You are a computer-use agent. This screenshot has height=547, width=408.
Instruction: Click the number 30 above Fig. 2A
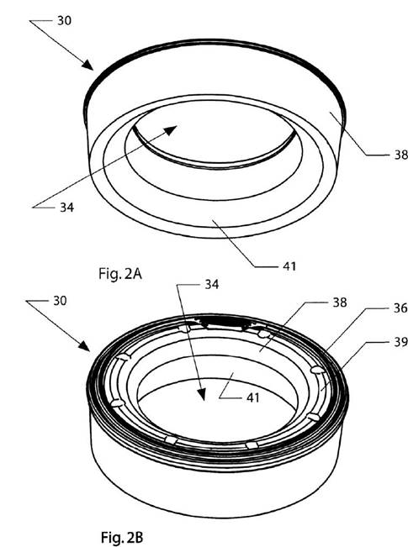click(x=64, y=20)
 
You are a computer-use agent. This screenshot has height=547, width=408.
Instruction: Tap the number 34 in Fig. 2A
click(x=66, y=208)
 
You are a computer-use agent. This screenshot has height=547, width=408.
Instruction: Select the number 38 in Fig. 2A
click(x=400, y=155)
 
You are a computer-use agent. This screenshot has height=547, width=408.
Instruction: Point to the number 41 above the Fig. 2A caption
click(x=289, y=266)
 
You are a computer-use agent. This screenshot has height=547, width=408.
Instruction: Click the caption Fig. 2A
click(x=120, y=274)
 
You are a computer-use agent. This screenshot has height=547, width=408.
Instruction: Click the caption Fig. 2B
click(x=122, y=537)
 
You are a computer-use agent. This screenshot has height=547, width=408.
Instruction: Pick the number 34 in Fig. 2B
click(x=212, y=284)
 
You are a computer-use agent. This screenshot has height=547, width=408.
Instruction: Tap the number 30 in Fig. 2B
click(x=60, y=300)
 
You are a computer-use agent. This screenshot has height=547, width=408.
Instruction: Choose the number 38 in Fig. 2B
click(x=340, y=302)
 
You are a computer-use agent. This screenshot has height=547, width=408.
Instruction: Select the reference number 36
click(x=400, y=308)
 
